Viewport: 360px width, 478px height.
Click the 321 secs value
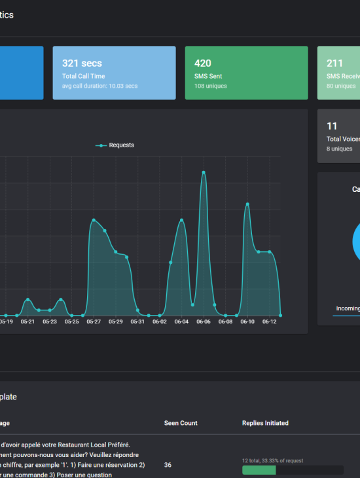[82, 64]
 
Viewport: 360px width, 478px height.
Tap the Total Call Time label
[83, 77]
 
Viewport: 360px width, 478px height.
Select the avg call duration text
[99, 86]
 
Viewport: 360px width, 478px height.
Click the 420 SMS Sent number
[203, 64]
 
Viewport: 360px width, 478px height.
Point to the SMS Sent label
[208, 77]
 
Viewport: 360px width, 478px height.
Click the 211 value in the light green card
[334, 64]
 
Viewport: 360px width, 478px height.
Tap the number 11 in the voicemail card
[332, 126]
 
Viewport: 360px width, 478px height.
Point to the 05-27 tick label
[94, 322]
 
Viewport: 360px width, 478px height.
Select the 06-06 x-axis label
[204, 322]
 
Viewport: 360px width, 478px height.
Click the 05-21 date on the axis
[27, 322]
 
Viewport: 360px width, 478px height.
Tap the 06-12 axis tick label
[270, 322]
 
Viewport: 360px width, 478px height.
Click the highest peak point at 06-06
[204, 172]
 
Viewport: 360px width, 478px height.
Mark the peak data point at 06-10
[247, 204]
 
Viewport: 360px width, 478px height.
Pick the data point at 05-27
[94, 220]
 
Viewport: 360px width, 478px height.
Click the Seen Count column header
[181, 423]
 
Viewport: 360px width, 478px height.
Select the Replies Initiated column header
[265, 423]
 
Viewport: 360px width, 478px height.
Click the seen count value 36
[168, 465]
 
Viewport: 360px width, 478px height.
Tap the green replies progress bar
[259, 470]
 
